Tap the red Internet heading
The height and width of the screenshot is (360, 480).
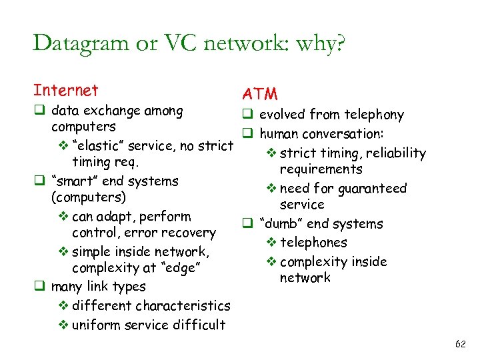click(x=65, y=90)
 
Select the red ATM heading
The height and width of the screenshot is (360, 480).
click(x=260, y=95)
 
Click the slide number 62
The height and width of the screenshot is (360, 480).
click(x=459, y=344)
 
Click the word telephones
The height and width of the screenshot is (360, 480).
click(x=313, y=243)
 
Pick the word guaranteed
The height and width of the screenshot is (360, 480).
click(x=373, y=189)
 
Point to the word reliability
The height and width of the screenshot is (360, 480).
click(x=393, y=153)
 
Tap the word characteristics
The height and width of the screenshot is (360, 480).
click(x=182, y=306)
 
